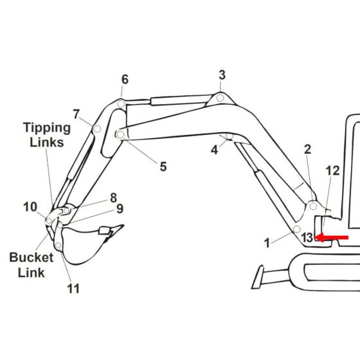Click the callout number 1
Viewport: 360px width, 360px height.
(267, 244)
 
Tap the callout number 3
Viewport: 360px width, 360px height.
(222, 75)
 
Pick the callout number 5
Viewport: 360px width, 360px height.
(163, 166)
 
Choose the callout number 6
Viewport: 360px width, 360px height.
(125, 80)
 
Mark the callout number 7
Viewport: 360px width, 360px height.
(76, 114)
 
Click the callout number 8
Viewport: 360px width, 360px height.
(113, 197)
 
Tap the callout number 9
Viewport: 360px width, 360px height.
(120, 208)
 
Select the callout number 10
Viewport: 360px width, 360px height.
(30, 206)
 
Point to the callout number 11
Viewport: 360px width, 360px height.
(73, 288)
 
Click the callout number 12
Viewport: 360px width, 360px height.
(332, 170)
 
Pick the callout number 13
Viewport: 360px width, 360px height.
(307, 237)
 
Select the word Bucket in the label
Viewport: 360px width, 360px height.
(31, 258)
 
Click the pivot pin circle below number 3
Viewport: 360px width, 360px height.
(219, 98)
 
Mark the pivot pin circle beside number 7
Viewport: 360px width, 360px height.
(96, 129)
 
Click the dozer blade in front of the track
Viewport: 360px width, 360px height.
(261, 277)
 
